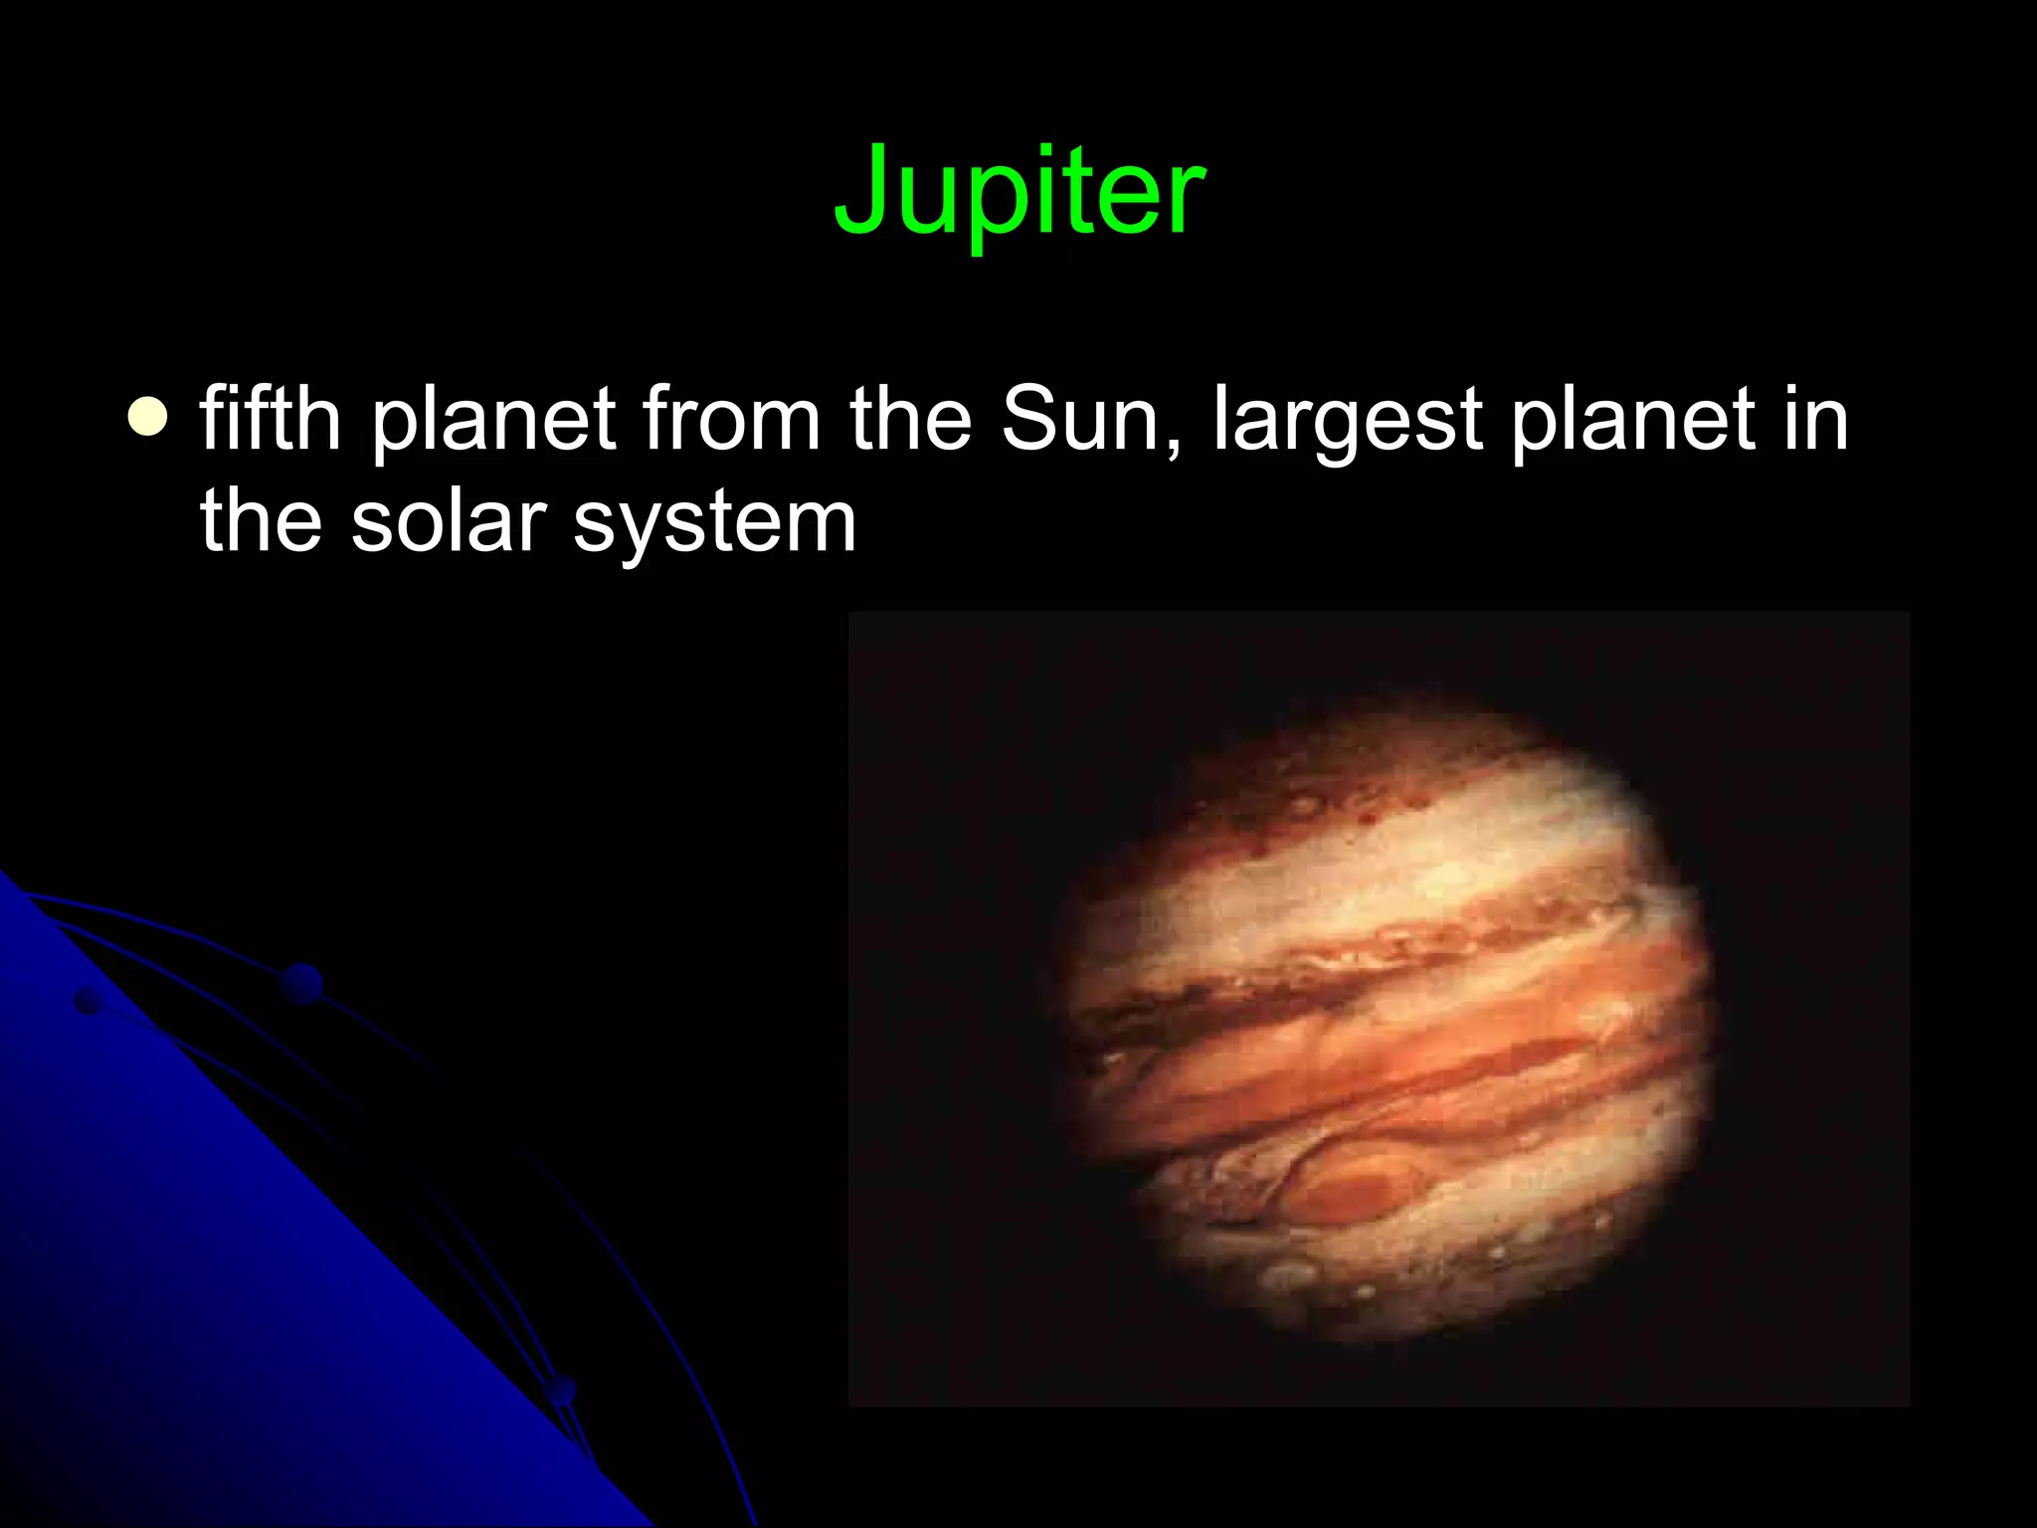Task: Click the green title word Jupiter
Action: tap(1019, 191)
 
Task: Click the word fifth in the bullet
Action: tap(271, 418)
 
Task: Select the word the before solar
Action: tap(261, 521)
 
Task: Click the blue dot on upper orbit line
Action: tap(302, 983)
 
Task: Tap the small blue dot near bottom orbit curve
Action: tap(562, 1390)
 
